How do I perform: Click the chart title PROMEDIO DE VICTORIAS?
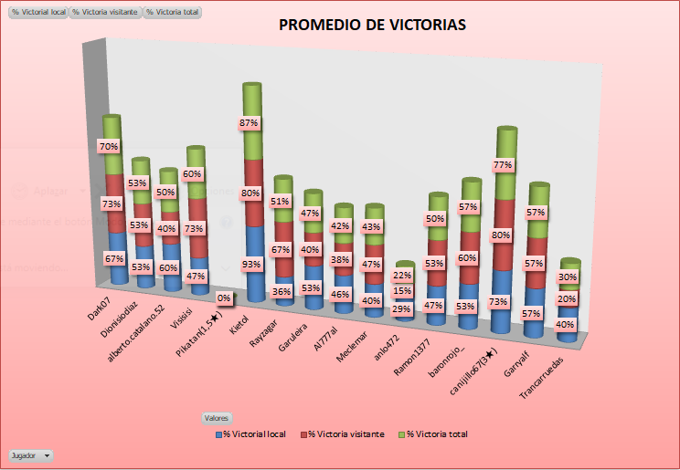(x=372, y=26)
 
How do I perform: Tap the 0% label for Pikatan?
(x=223, y=298)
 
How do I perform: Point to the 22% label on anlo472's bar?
(x=401, y=276)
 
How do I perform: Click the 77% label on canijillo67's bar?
(x=503, y=165)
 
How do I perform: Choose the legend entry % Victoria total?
(x=436, y=434)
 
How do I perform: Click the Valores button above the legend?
(x=217, y=417)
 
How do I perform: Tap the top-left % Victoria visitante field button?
(x=106, y=13)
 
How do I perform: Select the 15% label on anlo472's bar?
(x=401, y=291)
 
